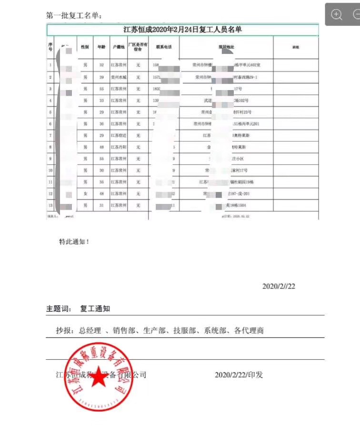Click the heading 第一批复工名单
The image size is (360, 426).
click(74, 16)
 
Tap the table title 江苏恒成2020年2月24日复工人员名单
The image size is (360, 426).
click(182, 30)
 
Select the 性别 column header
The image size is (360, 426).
click(85, 48)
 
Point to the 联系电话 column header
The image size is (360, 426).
click(163, 48)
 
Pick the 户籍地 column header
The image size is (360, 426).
click(118, 48)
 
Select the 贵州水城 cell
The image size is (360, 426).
click(118, 77)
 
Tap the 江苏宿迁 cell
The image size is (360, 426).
click(118, 135)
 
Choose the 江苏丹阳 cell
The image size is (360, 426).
click(118, 147)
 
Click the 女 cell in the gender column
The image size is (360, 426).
click(85, 193)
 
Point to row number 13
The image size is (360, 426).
click(50, 205)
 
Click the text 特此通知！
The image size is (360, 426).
click(74, 242)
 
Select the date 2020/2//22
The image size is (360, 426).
click(279, 286)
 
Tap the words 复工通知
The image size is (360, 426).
click(95, 309)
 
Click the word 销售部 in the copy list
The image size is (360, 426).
click(125, 330)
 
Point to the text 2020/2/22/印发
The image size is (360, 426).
click(239, 375)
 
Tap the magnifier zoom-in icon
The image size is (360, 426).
click(337, 15)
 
